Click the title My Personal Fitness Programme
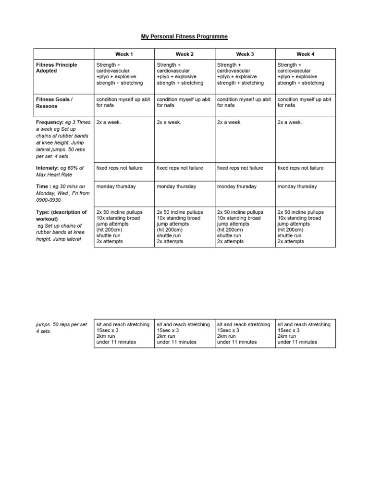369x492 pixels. (184, 37)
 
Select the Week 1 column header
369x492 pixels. (124, 54)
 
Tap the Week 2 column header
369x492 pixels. (184, 54)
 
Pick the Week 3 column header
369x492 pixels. (245, 54)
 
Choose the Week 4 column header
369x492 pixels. (305, 54)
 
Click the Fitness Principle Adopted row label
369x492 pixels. (57, 68)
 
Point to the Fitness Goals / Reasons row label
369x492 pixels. (55, 103)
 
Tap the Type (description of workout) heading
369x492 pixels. (61, 215)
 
